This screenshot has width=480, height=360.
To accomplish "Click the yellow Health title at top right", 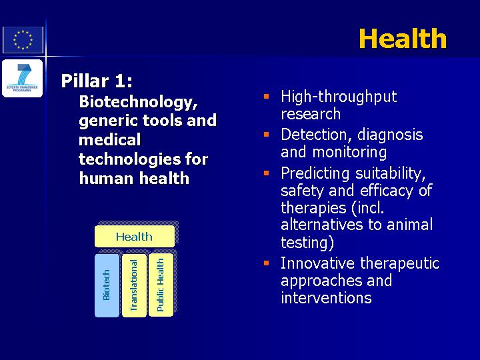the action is point(403,38).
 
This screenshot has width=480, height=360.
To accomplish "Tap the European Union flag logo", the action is point(23,40).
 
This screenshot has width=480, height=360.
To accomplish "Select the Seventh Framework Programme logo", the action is point(23,79).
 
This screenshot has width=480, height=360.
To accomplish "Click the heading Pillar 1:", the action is point(97,81).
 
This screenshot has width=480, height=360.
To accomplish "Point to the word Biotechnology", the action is point(138,102).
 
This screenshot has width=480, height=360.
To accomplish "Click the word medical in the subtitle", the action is point(109,140).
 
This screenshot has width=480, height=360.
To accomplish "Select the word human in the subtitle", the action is point(107,178).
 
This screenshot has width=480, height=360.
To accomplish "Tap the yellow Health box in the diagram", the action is point(135,236).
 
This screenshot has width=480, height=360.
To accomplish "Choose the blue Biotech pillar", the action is point(107,285).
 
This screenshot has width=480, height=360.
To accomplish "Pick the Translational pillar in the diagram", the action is point(134,285).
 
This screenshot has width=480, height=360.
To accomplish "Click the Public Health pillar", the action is point(161,285).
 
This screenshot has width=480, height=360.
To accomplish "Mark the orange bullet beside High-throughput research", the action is point(266,97).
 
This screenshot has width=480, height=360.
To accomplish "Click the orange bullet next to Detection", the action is point(266,135).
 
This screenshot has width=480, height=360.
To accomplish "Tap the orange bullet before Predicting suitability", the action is point(266,173).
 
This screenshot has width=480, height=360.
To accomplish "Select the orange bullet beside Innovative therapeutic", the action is point(266,263).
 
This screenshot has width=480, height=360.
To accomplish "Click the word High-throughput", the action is point(339,97).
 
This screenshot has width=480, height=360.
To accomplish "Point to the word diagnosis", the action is point(390,135).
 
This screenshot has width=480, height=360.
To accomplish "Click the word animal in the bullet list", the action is point(410,225).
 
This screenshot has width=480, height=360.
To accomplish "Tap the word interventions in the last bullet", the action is point(326,297).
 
